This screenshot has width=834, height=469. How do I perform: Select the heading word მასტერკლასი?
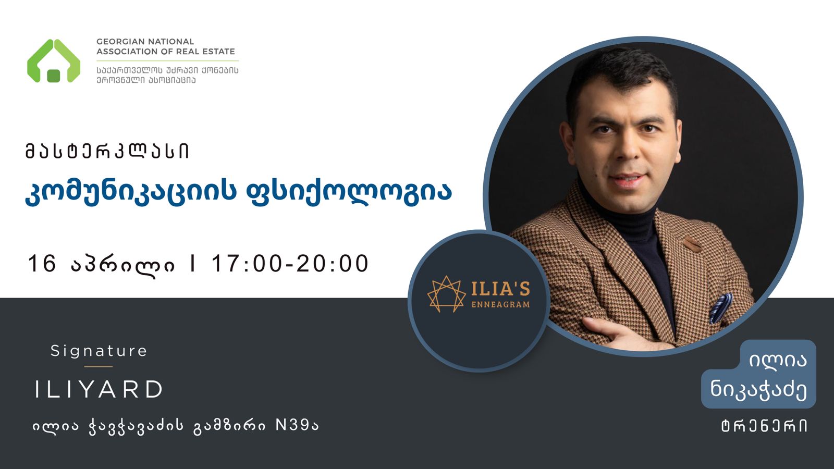pyautogui.click(x=107, y=151)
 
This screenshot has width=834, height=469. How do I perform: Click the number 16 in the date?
pyautogui.click(x=42, y=263)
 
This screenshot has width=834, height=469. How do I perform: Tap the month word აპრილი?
pyautogui.click(x=122, y=265)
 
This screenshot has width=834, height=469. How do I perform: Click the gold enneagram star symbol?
pyautogui.click(x=446, y=294)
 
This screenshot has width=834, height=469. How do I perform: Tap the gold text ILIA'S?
pyautogui.click(x=501, y=290)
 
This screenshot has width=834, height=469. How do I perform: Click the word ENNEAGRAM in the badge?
pyautogui.click(x=501, y=304)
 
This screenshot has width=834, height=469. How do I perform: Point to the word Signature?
pyautogui.click(x=99, y=351)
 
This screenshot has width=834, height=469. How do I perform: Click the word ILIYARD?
pyautogui.click(x=99, y=389)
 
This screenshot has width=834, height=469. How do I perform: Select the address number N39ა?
pyautogui.click(x=297, y=425)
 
